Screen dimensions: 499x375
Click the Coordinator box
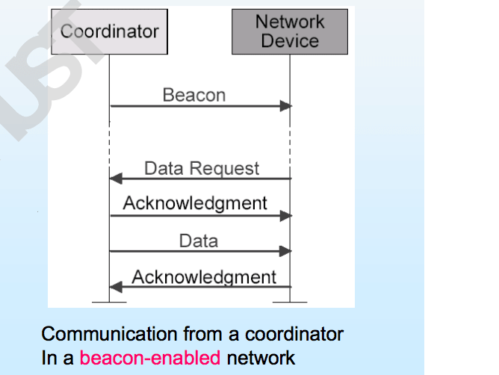[x=110, y=31]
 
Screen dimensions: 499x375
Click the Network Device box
[x=290, y=31]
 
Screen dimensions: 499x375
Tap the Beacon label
[x=194, y=95]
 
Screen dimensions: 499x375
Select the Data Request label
[x=202, y=169]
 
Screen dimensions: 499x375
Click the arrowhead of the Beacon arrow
[x=286, y=106]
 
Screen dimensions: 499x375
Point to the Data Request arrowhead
[x=116, y=179]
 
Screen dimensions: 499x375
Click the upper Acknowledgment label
[x=195, y=204]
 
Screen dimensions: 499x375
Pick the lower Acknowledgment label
[x=204, y=278]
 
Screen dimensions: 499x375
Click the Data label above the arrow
[x=199, y=241]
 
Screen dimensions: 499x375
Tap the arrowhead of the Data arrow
[x=285, y=251]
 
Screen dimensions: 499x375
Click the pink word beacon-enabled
[x=150, y=358]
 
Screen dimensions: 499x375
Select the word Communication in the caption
[x=109, y=334]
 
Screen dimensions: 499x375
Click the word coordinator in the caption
[x=294, y=334]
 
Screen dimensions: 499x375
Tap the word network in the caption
[x=261, y=358]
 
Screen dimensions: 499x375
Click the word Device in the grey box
[x=290, y=41]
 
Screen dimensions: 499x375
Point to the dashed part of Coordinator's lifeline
[x=110, y=148]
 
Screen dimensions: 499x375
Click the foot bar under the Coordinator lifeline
[x=109, y=302]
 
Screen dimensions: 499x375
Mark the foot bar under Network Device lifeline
[x=290, y=302]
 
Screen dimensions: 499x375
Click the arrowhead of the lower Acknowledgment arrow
[x=116, y=287]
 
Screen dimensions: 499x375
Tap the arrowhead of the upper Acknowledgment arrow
[x=286, y=216]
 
